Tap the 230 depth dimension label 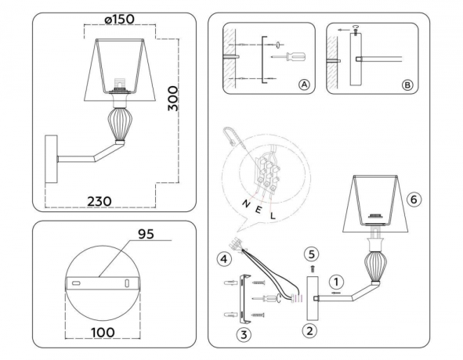(x=99, y=201)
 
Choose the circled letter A (x=303, y=85)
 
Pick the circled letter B (x=405, y=85)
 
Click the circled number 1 (x=335, y=280)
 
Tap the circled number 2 (x=310, y=330)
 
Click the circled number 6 (x=414, y=199)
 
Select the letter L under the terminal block (x=272, y=215)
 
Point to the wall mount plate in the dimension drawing (x=52, y=160)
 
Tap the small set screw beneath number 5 (x=310, y=268)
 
